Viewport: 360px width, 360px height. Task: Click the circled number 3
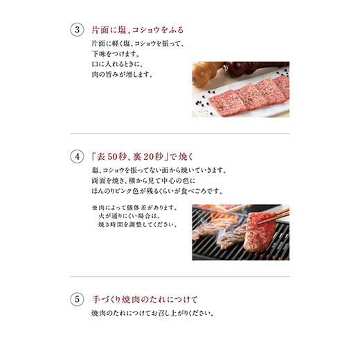point(77,30)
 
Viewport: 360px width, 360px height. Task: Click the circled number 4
point(77,156)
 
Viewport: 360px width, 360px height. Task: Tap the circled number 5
point(77,300)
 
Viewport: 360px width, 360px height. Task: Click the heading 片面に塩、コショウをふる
point(138,30)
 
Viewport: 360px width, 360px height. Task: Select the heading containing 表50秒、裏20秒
point(142,157)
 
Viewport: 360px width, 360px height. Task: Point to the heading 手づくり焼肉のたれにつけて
point(145,300)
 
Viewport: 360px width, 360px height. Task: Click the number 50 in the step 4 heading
point(113,157)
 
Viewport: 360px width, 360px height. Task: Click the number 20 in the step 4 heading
point(149,157)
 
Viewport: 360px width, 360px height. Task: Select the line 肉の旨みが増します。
point(122,75)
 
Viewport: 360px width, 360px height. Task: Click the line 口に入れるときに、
point(118,64)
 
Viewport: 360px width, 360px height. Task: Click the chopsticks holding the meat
point(273,216)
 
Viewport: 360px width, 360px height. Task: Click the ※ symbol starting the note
point(94,208)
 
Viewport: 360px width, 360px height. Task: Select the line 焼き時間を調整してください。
point(138,224)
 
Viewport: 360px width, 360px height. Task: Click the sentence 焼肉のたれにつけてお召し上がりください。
point(153,314)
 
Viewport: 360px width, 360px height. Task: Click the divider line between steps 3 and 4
point(180,134)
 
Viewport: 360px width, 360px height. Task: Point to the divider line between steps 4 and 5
point(180,276)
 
